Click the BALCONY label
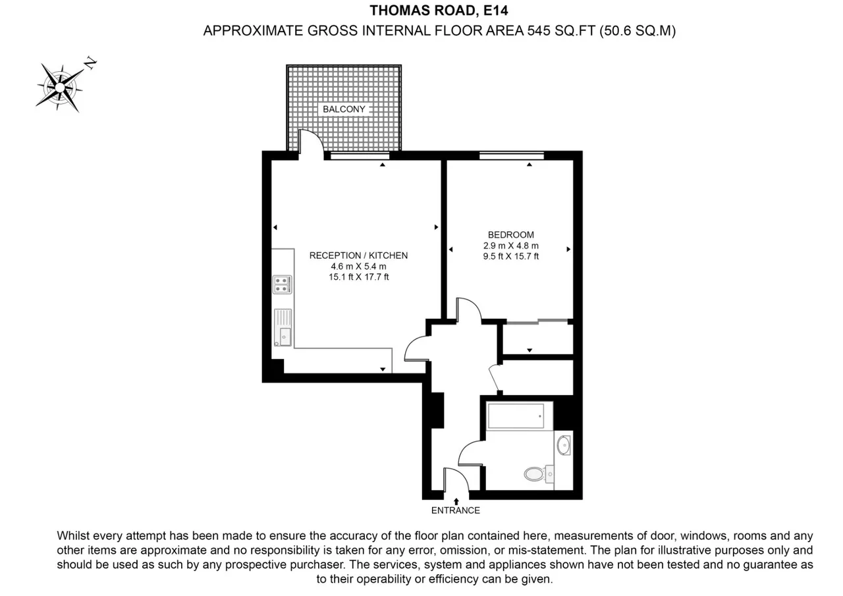point(344,109)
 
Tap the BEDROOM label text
point(510,235)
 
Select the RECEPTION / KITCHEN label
point(358,256)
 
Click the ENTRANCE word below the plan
point(455,510)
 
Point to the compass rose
point(60,88)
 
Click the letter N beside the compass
point(90,63)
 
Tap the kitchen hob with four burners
point(282,284)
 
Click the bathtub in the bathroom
point(516,416)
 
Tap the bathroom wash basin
point(563,445)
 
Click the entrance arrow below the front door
point(456,502)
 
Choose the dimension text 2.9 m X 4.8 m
point(510,246)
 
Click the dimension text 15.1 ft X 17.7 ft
point(359,277)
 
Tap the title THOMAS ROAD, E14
point(439,11)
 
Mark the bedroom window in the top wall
point(512,156)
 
